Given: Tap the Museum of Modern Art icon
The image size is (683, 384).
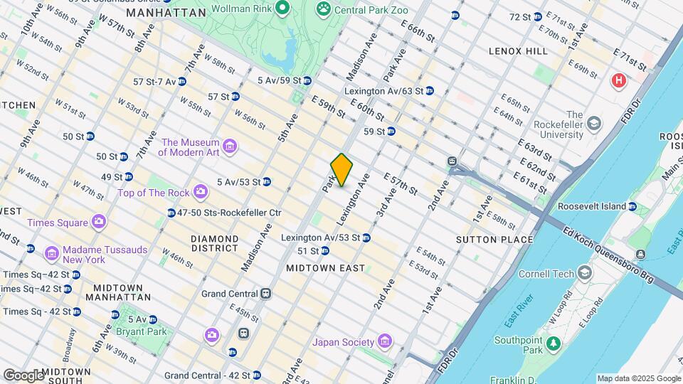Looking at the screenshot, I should coord(229,146).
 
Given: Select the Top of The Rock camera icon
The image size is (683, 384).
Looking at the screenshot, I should coord(201,191).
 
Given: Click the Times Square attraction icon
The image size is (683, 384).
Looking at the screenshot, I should coord(98,223).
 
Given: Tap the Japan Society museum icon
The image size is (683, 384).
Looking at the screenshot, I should coord(385,342).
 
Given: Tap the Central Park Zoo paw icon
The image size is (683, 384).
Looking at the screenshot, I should coord(324,9).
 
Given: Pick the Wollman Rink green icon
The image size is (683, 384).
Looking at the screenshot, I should coord(282,9).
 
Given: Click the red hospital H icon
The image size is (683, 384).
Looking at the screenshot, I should coord(618,80).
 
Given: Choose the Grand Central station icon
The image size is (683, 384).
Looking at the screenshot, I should coord(265,293).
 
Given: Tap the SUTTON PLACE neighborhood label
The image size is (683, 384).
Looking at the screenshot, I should coord(494,240).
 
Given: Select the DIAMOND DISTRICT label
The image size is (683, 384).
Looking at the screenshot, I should coord(214,243).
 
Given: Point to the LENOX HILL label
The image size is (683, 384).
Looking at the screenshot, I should coord(518,51).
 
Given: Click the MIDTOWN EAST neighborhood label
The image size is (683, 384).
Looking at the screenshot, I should coord(325,268).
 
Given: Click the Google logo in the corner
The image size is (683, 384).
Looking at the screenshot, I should coord(23,375).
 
